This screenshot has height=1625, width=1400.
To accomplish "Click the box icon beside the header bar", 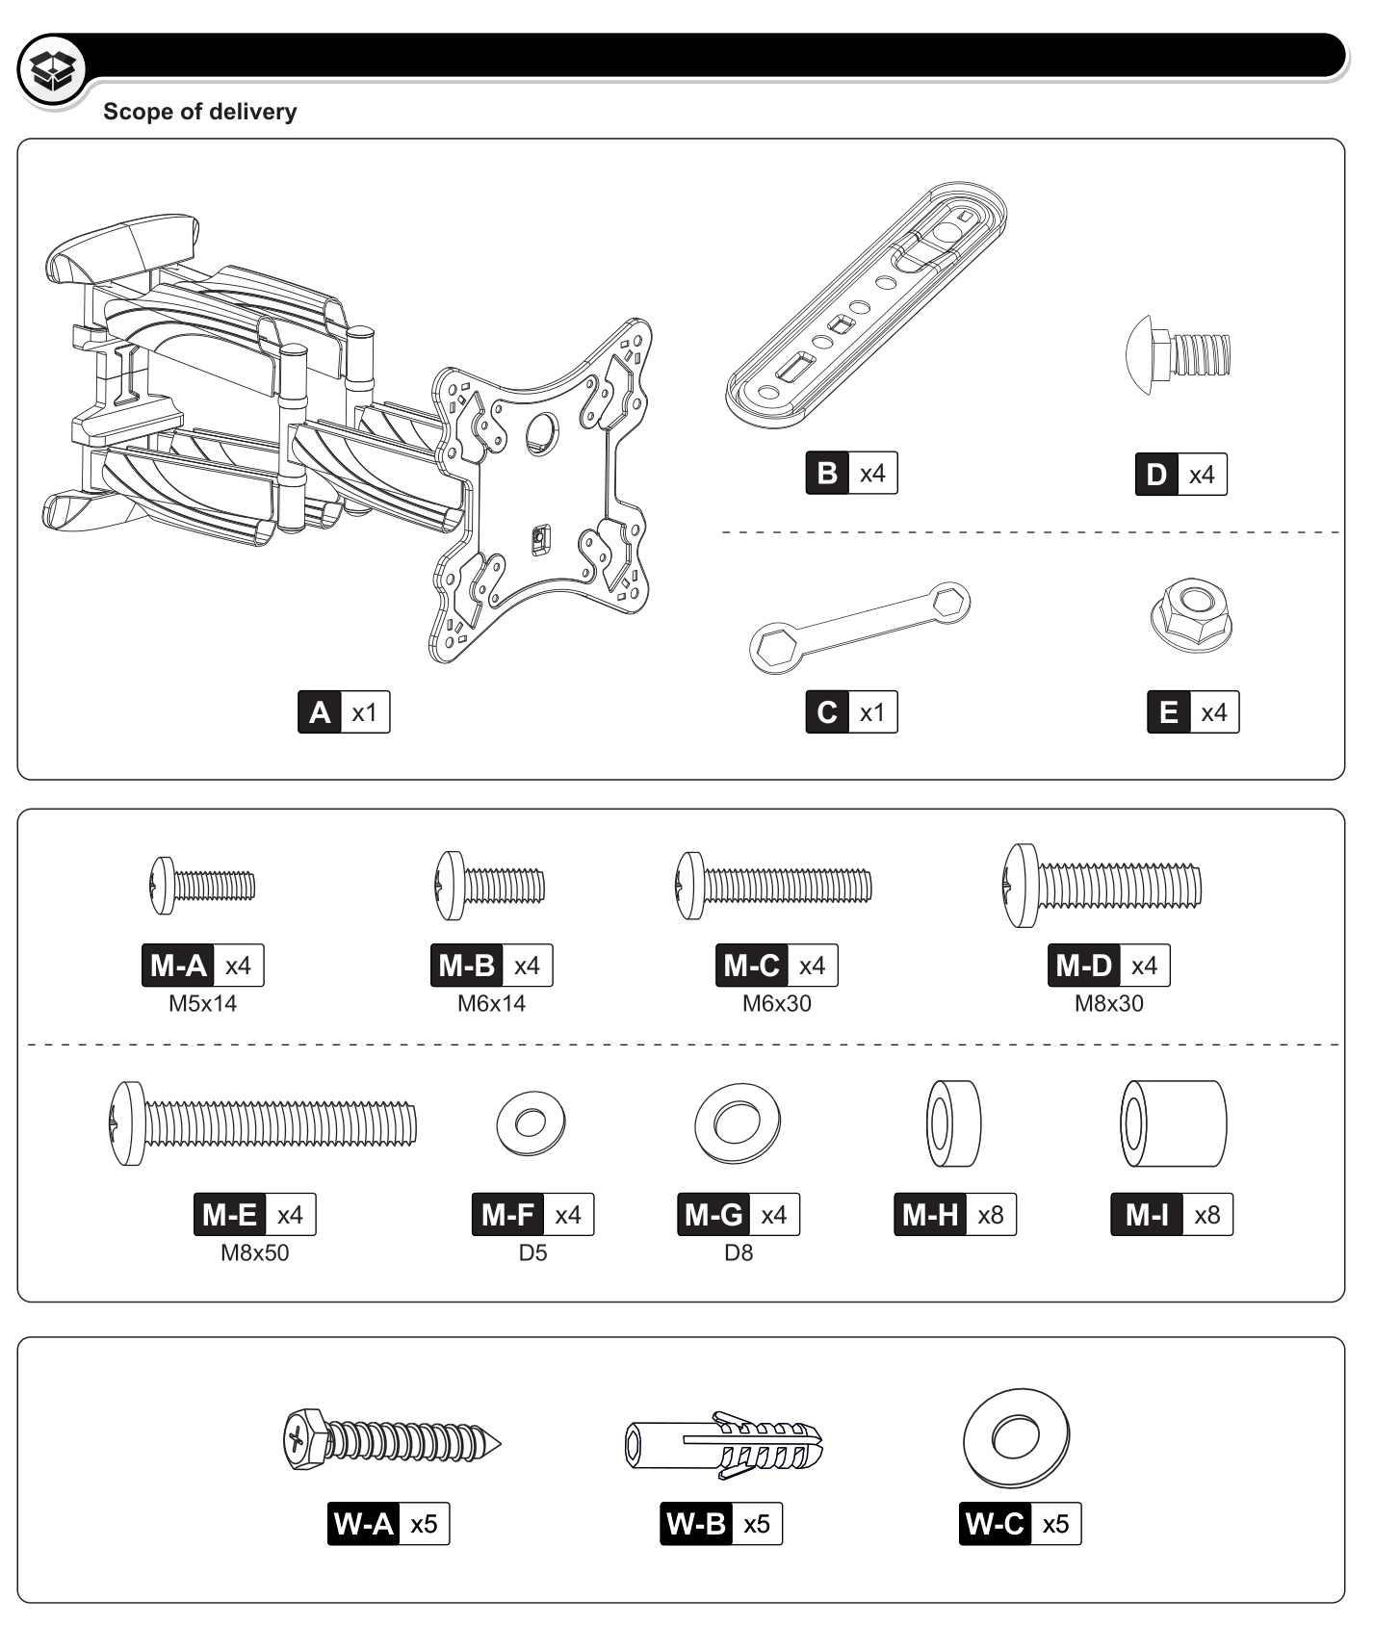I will point(53,68).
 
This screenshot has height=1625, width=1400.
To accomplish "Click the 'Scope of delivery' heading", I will point(199,112).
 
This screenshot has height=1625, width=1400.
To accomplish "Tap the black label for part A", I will point(320,712).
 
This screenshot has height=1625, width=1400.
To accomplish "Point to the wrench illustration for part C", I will point(859,626).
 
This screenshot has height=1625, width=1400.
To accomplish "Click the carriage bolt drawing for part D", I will point(1179,354).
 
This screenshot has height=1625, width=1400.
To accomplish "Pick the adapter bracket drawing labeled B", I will point(867,305).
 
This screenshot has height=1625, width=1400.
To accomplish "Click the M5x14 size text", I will point(202,1003).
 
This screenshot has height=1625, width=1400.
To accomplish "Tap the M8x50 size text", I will point(254,1252).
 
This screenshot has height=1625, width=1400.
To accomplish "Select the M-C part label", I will point(751,966).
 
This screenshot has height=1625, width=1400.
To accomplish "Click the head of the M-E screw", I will point(126,1122).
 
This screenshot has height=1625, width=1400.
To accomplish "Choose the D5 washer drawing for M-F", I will point(531,1122).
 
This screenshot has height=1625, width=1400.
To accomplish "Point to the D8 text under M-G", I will point(739,1252).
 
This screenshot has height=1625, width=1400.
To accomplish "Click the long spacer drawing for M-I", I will point(1173,1122).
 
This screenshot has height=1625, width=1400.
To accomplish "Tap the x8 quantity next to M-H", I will point(990,1215).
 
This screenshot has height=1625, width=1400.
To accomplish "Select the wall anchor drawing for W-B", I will point(724,1444).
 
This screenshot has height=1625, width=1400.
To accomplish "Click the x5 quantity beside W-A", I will point(424,1524).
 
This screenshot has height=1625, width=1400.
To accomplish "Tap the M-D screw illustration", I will point(1102,886).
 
